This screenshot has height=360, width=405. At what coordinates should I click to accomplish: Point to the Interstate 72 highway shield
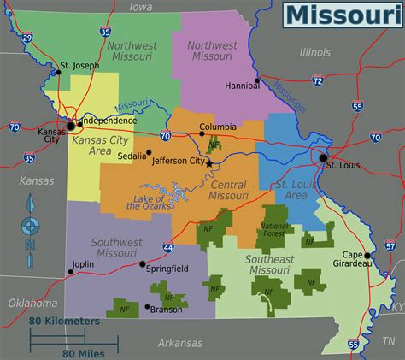click(x=317, y=80)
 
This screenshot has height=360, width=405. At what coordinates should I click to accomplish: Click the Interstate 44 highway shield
click(x=168, y=247)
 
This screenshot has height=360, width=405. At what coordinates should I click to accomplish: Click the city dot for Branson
click(x=148, y=306)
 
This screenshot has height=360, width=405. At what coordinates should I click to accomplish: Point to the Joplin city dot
click(x=71, y=273)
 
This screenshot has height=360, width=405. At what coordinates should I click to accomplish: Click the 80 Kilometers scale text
click(x=64, y=321)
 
